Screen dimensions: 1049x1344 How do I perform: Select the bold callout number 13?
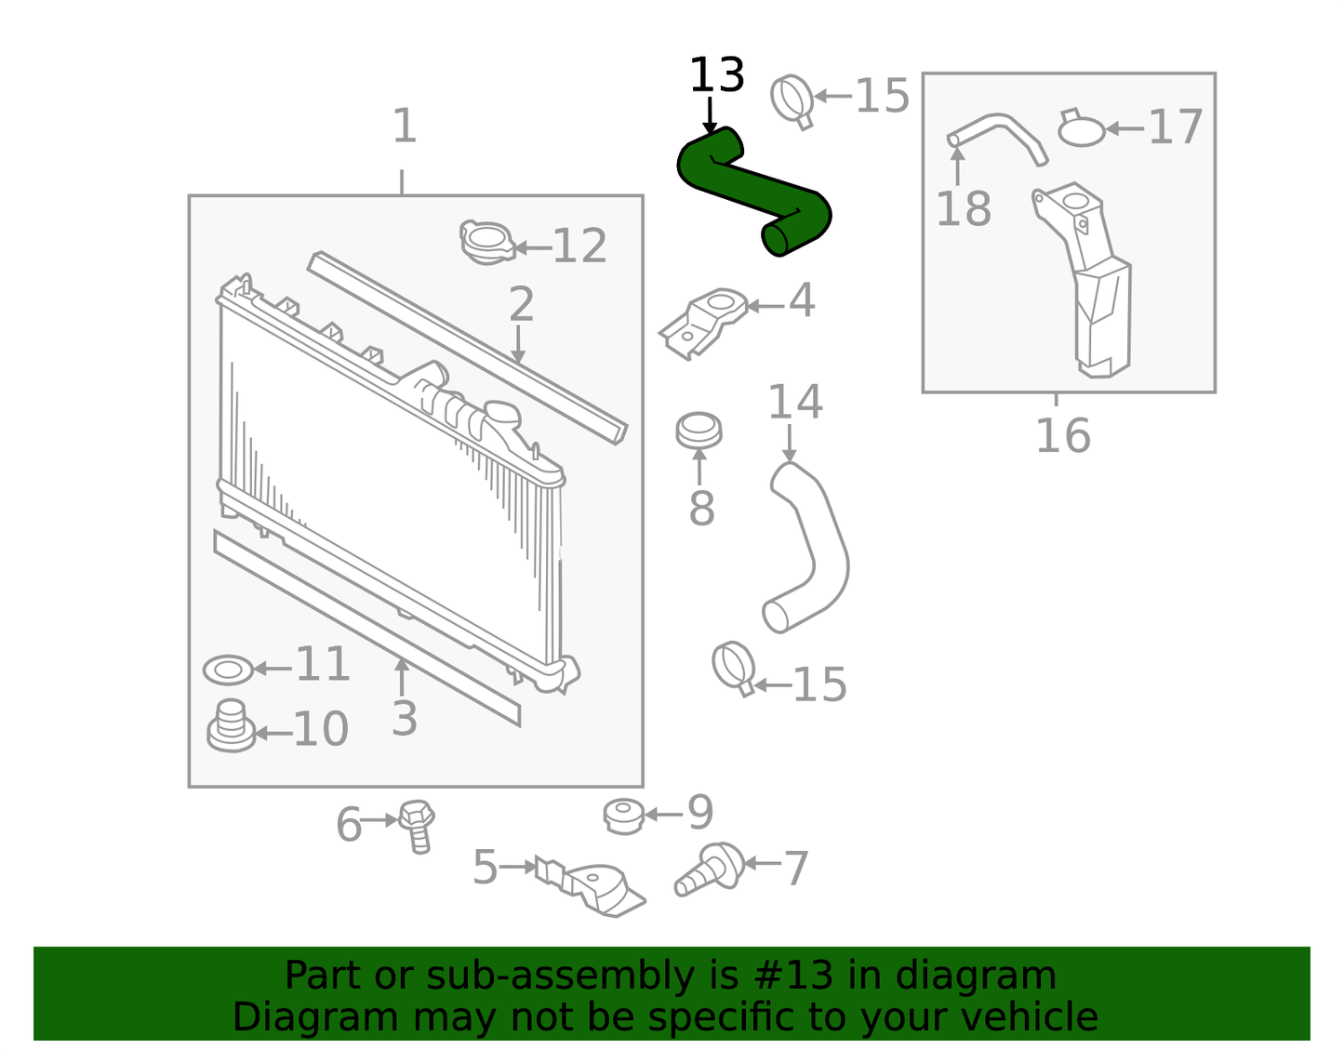[716, 75]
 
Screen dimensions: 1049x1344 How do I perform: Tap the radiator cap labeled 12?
[486, 241]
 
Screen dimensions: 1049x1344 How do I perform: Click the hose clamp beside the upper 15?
[793, 100]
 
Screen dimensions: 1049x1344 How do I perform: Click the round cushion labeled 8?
[699, 431]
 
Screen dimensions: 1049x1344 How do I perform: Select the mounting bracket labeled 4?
[705, 321]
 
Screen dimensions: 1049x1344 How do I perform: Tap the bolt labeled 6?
[417, 823]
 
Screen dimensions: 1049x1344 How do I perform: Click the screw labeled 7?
[711, 869]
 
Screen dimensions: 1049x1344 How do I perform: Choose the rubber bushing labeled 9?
[622, 816]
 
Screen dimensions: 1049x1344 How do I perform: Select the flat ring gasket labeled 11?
[228, 669]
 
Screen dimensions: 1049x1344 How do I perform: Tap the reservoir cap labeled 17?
[1082, 129]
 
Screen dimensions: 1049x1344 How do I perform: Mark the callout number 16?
[1062, 435]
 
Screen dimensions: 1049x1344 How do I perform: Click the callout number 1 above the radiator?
[404, 126]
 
